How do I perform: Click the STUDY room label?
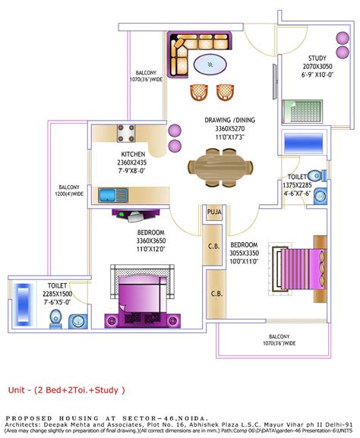[x=317, y=58]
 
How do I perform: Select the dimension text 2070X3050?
[x=317, y=67]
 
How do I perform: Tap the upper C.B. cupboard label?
[x=215, y=245]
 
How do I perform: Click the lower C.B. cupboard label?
[x=216, y=293]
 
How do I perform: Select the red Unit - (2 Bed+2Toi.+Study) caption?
[x=67, y=390]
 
